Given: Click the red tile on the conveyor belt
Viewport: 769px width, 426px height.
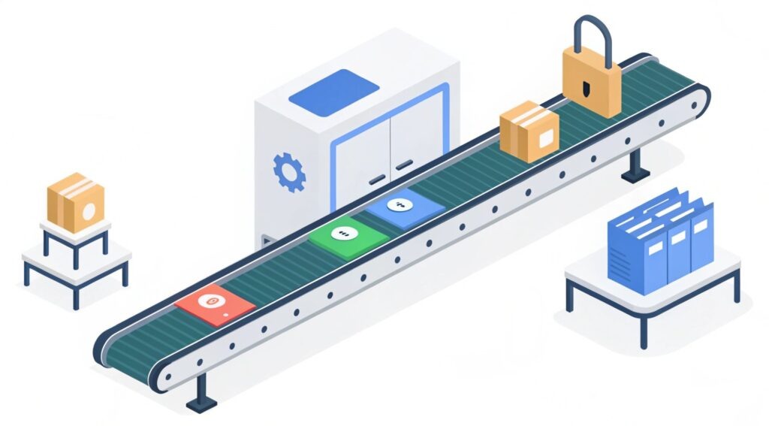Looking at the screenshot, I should tap(215, 304).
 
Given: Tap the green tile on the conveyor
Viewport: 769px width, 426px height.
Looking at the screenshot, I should tap(348, 239).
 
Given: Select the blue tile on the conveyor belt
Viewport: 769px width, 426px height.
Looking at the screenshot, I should tap(404, 207).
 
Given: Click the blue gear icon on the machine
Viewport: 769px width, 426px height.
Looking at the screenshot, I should tap(288, 171).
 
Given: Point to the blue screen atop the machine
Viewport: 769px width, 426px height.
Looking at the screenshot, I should tap(334, 92).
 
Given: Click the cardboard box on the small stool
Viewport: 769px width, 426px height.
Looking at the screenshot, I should tap(75, 202).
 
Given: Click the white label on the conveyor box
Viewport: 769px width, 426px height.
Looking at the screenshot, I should tap(546, 137).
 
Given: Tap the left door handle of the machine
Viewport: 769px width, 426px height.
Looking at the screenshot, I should tap(377, 178).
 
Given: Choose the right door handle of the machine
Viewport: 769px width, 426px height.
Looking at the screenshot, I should tap(404, 164).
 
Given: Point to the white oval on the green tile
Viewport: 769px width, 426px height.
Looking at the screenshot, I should tap(347, 234).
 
